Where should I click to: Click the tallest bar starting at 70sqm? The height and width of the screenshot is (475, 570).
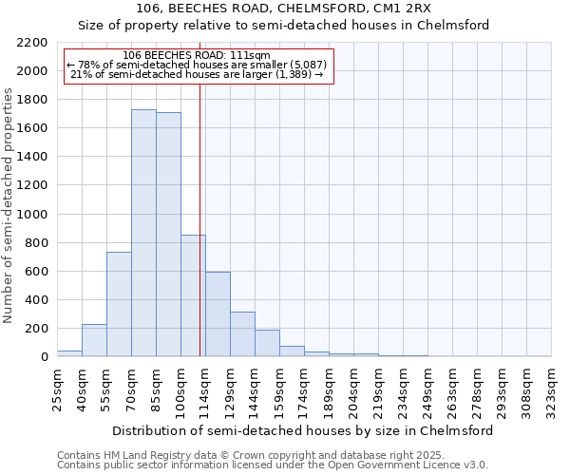(x=143, y=233)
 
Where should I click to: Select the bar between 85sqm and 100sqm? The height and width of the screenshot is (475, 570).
(x=168, y=235)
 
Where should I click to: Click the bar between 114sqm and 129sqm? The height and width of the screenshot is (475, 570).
(x=218, y=313)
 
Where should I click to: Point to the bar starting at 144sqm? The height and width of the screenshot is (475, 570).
(x=267, y=343)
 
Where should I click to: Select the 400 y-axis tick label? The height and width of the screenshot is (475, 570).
(x=38, y=300)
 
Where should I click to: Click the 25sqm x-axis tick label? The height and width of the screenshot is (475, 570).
(x=57, y=388)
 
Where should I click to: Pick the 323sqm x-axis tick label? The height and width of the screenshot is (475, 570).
(x=552, y=388)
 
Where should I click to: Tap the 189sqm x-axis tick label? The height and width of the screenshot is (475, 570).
(x=329, y=388)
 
